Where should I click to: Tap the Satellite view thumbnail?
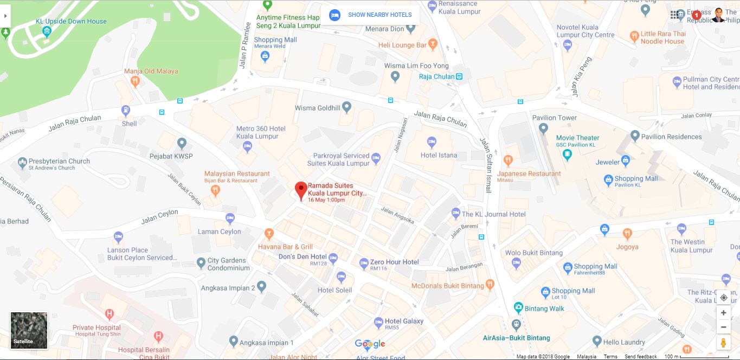pyautogui.click(x=29, y=330)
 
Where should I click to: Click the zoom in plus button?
pyautogui.click(x=723, y=313)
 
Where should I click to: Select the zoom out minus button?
pyautogui.click(x=723, y=327)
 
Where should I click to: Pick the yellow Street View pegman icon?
pyautogui.click(x=723, y=343)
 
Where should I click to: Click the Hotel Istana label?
pyautogui.click(x=439, y=155)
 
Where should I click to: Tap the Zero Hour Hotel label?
pyautogui.click(x=394, y=262)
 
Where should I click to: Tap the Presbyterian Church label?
pyautogui.click(x=59, y=161)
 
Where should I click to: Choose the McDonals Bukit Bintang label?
pyautogui.click(x=447, y=286)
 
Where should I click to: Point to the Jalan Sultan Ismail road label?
pyautogui.click(x=486, y=165)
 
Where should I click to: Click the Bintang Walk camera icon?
pyautogui.click(x=519, y=308)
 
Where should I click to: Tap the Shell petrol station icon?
pyautogui.click(x=126, y=111)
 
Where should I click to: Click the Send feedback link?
pyautogui.click(x=640, y=357)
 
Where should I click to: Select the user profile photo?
pyautogui.click(x=718, y=15)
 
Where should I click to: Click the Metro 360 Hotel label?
pyautogui.click(x=261, y=132)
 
